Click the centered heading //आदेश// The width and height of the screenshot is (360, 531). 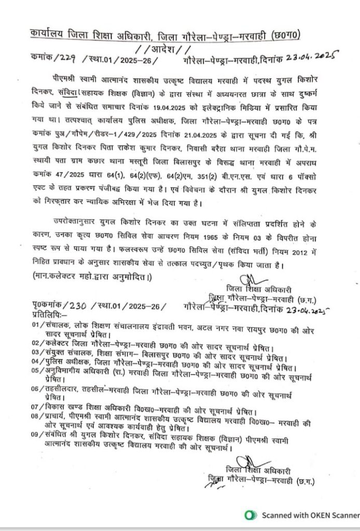click(x=162, y=50)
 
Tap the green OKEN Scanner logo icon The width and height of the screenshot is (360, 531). click(x=251, y=515)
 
